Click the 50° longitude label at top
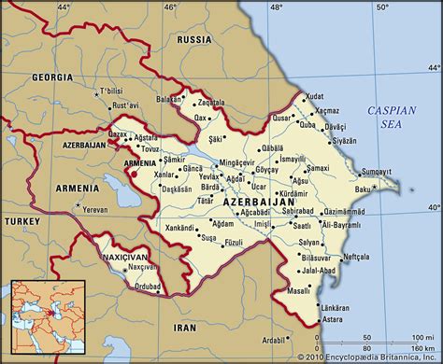click(x=382, y=8)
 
